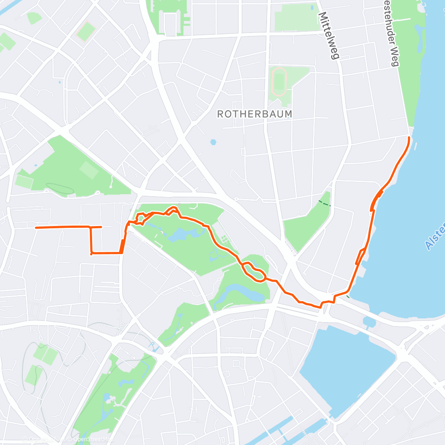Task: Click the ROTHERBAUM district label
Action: (x=255, y=114)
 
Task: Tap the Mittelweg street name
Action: (x=329, y=35)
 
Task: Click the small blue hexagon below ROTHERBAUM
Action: (x=214, y=142)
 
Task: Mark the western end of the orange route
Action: (x=36, y=228)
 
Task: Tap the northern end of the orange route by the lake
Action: (x=409, y=138)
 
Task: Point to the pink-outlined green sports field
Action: (x=86, y=31)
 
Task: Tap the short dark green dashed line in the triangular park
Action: (x=324, y=203)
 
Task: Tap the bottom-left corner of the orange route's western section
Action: (x=91, y=254)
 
